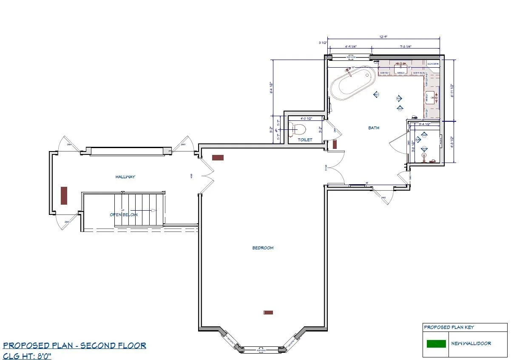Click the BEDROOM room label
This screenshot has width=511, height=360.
263,248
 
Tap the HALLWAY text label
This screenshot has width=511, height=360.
125,177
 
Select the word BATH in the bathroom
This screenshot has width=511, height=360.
374,128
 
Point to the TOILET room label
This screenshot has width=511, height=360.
305,140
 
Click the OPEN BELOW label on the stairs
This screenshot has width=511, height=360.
124,214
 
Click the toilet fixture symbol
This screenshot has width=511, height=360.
299,129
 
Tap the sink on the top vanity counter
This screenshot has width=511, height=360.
400,67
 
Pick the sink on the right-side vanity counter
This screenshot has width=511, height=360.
431,97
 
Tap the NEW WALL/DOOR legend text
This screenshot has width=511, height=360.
471,343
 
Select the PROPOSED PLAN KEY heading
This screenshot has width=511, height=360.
449,327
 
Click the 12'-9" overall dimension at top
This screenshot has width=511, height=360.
383,37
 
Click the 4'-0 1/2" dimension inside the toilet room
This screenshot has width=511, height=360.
306,119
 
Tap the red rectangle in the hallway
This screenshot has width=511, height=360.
64,195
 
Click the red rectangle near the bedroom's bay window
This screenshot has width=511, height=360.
268,312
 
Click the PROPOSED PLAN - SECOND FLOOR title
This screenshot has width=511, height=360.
74,346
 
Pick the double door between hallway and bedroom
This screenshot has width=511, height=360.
206,176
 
